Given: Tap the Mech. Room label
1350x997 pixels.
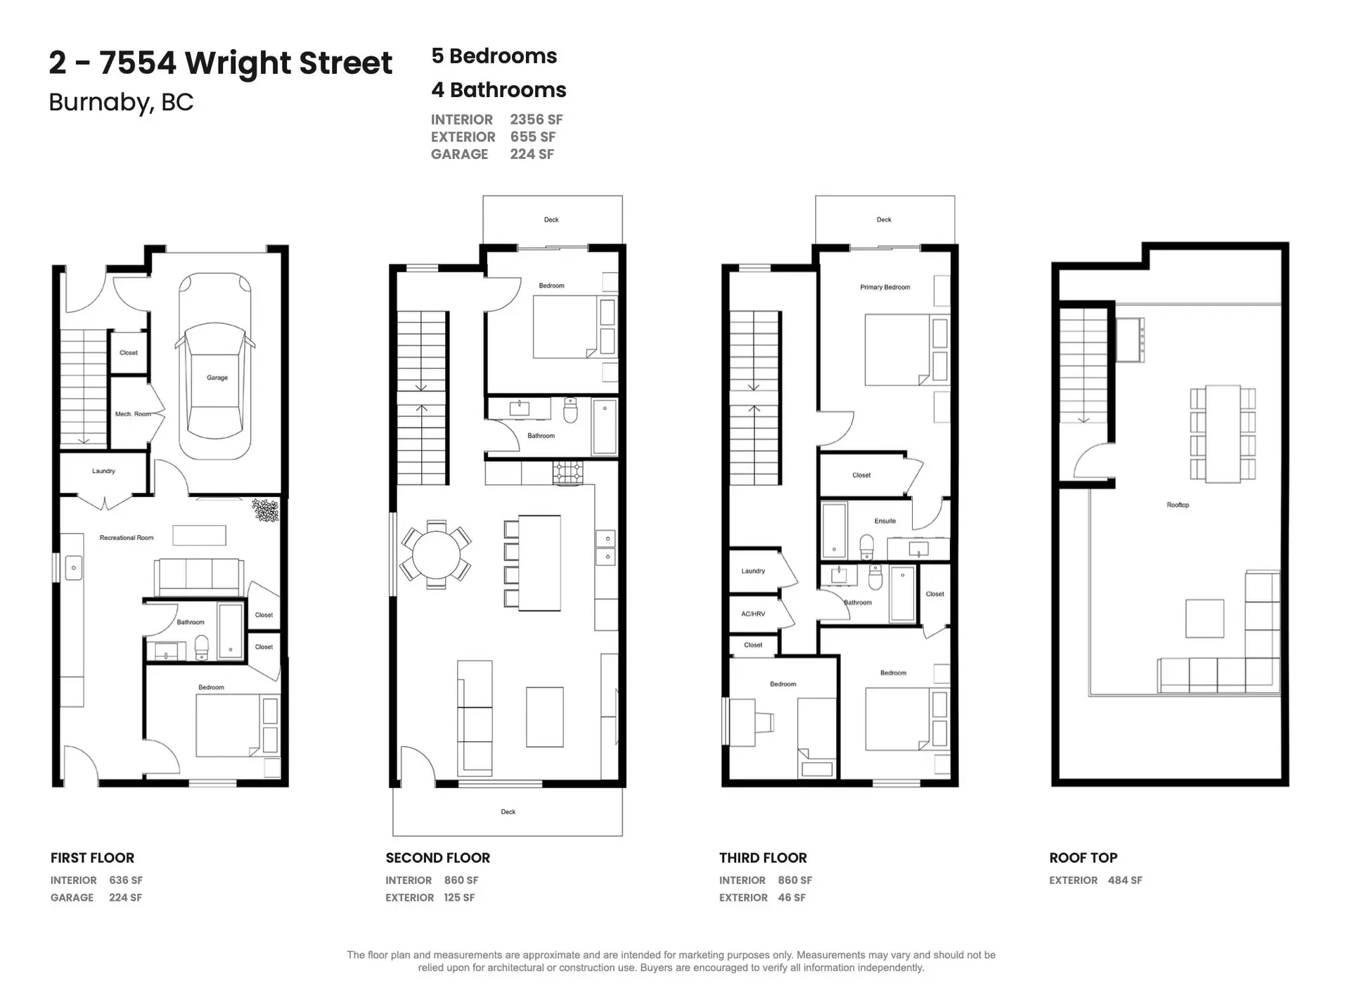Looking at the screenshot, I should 133,414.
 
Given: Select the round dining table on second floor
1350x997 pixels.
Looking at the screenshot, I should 436,555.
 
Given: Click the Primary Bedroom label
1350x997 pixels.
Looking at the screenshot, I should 885,287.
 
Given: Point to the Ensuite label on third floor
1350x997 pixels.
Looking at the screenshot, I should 885,521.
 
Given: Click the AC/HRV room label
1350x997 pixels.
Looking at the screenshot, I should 753,614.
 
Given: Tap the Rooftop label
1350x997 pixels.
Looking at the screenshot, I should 1178,505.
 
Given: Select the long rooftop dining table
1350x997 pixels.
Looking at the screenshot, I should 1223,433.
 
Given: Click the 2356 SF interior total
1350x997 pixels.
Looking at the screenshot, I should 536,120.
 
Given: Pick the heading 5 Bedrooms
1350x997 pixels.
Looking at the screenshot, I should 494,56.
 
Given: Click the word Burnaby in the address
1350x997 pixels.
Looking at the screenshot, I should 99,103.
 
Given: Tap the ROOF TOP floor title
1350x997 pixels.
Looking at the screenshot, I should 1083,858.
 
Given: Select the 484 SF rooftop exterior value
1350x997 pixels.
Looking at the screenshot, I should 1124,880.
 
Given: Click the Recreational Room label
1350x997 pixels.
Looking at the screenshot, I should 127,538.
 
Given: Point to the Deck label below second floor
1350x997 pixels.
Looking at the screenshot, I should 508,811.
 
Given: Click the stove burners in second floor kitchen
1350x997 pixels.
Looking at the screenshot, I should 567,472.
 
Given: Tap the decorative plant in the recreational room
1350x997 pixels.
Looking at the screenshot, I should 266,510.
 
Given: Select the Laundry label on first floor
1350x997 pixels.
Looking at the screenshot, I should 103,471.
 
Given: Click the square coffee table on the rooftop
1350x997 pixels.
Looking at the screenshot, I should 1204,618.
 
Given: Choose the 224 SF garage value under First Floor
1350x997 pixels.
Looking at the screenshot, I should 125,898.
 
